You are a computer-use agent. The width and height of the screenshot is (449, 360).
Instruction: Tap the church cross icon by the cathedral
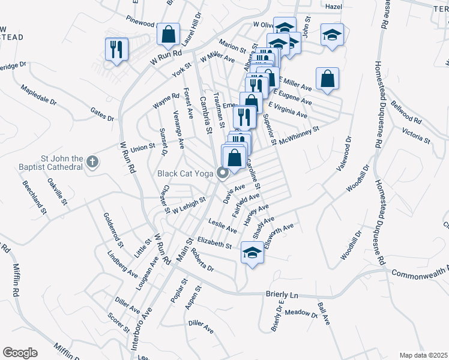92,161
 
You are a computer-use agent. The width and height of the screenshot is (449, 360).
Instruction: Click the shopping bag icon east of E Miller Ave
327,79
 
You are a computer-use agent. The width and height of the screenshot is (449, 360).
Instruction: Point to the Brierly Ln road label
282,295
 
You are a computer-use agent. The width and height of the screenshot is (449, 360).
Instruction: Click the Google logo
20,353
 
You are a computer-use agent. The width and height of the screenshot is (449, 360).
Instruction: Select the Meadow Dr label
301,313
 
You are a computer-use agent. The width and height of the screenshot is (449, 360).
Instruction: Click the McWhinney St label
298,131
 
